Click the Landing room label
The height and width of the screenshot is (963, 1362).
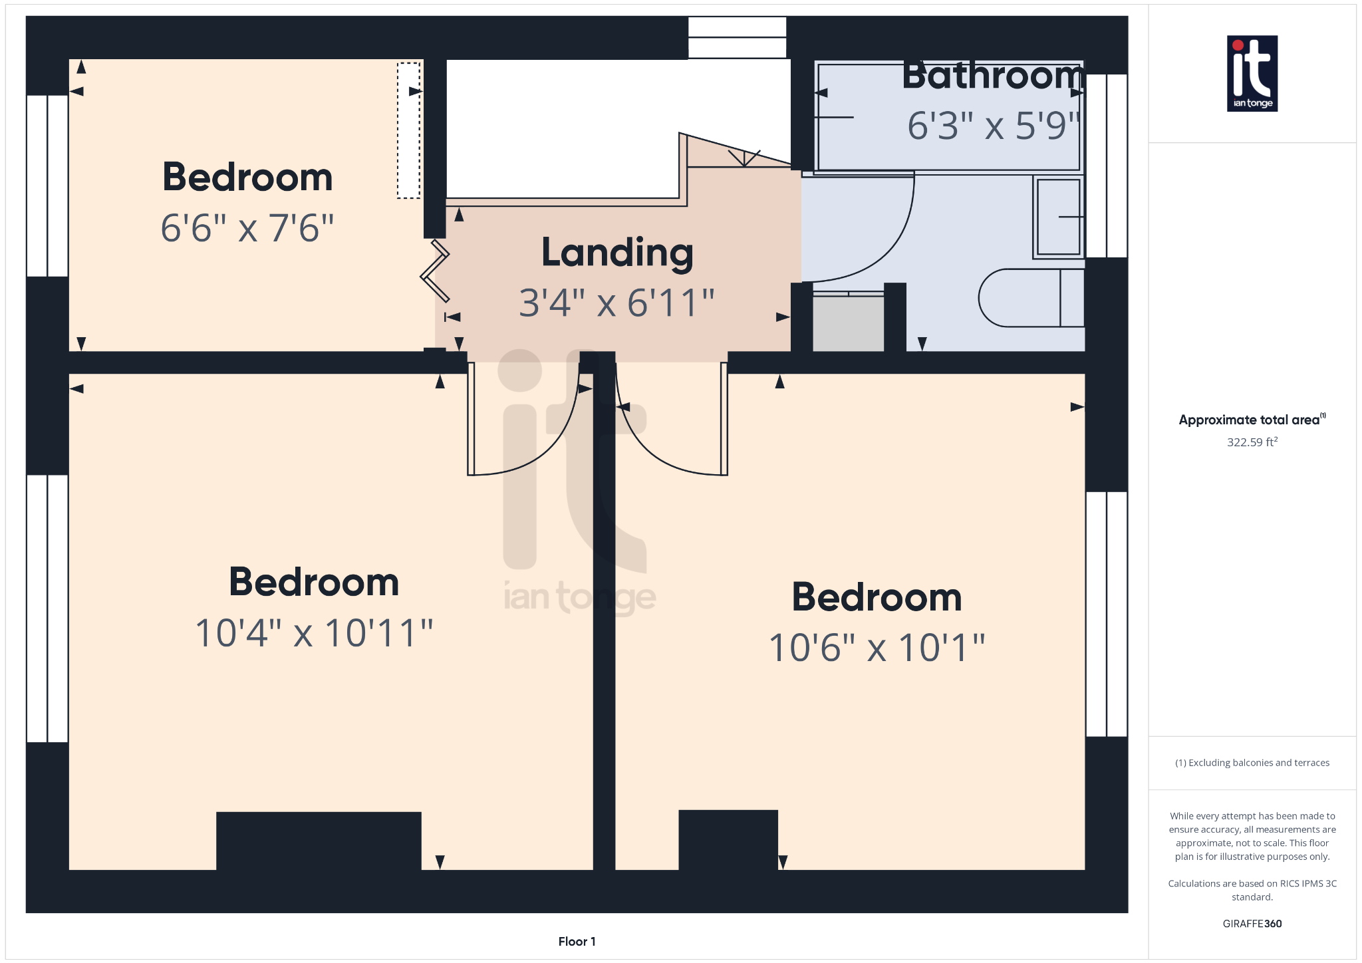(x=617, y=253)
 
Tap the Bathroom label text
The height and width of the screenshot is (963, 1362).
(x=992, y=76)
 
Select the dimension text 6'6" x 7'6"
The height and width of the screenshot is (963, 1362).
(x=247, y=228)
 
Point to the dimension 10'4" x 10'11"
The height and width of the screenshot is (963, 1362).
(x=314, y=632)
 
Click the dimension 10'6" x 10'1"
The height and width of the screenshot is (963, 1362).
(x=877, y=647)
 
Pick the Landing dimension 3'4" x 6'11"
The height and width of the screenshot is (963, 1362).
(x=616, y=303)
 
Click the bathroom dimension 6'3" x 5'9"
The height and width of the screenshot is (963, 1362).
(x=992, y=125)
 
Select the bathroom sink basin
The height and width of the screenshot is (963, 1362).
(x=1058, y=217)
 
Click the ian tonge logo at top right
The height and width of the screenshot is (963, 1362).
(x=1252, y=73)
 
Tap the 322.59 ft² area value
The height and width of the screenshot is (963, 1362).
(x=1252, y=442)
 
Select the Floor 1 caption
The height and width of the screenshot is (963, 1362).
(x=577, y=942)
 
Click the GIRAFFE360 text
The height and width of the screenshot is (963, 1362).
(x=1252, y=924)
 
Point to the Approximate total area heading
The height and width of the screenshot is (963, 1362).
(x=1250, y=420)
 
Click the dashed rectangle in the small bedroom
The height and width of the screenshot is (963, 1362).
(x=408, y=130)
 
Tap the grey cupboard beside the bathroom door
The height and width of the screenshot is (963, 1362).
(x=848, y=323)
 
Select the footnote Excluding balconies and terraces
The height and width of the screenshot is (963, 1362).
(x=1252, y=763)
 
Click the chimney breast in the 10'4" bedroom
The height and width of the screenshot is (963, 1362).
(x=319, y=840)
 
